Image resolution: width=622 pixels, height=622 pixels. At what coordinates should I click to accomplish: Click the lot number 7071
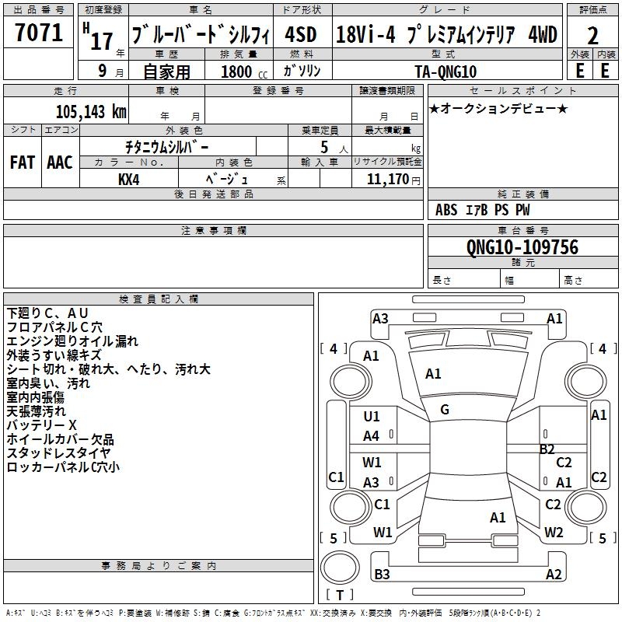tap(39, 33)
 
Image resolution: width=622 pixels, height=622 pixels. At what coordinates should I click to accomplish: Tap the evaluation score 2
tap(592, 37)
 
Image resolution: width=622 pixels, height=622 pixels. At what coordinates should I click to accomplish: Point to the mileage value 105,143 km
tap(91, 112)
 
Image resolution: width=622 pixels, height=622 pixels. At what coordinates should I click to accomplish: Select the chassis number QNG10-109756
tap(522, 247)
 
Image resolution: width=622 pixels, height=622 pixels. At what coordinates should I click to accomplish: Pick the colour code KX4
tap(128, 179)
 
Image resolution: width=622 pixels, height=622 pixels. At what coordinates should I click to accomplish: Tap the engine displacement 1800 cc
tap(238, 72)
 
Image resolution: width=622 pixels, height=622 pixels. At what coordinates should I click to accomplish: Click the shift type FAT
tap(23, 162)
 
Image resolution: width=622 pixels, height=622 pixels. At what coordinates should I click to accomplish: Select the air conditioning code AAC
tap(60, 162)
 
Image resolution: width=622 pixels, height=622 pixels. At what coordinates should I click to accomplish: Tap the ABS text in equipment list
tap(446, 210)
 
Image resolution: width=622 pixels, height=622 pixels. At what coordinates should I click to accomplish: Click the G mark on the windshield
tap(445, 410)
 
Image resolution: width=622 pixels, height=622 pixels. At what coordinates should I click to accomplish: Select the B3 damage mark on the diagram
tap(382, 575)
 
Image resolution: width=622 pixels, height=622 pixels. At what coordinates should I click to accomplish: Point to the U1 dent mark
tap(372, 418)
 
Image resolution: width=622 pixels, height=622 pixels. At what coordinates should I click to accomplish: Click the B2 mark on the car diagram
tap(547, 449)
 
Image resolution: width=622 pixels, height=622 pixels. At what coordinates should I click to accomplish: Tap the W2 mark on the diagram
tap(554, 533)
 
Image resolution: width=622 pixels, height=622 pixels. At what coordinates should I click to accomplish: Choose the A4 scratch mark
tap(372, 437)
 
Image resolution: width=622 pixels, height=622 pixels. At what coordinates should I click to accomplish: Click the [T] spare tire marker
tap(340, 596)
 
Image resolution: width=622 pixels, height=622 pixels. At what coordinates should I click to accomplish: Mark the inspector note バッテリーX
tap(41, 425)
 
